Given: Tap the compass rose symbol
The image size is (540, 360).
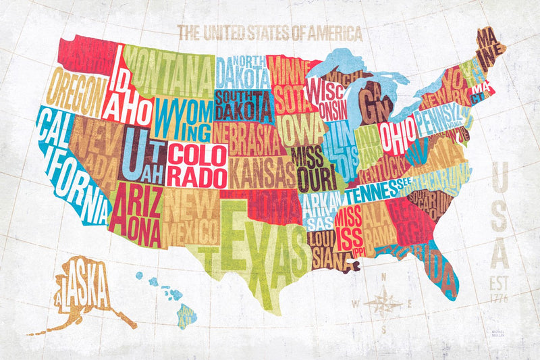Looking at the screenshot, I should click(x=383, y=303).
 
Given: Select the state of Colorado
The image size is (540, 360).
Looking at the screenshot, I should click(x=196, y=165).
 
